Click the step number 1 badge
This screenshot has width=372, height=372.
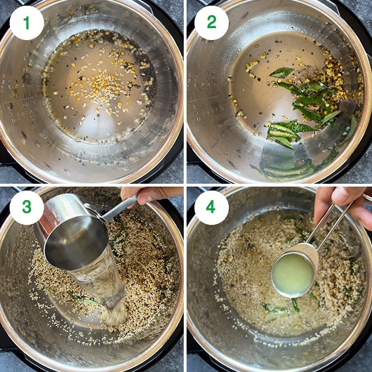(26, 23)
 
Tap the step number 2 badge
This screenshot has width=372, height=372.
(211, 23)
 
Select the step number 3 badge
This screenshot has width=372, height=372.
(26, 207)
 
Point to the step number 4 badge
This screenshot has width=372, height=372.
(211, 207)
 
